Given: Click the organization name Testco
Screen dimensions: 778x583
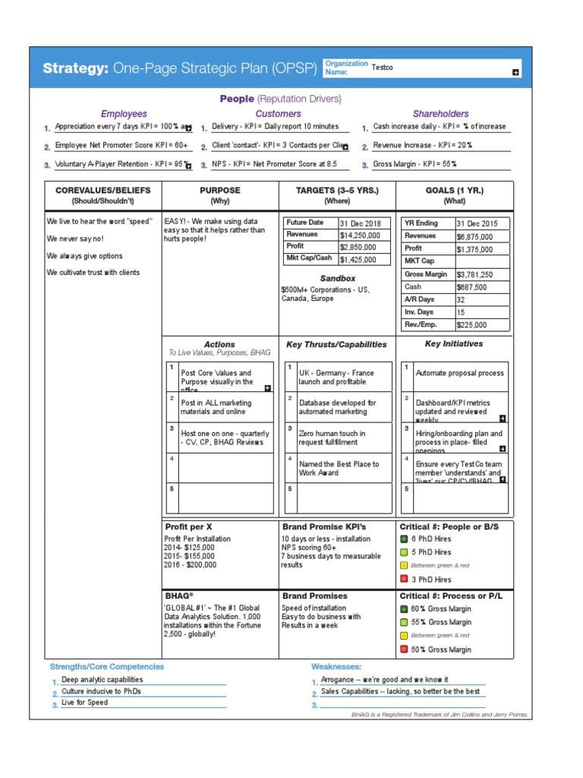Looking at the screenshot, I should click(x=383, y=68).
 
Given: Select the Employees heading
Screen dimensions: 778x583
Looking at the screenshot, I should click(x=124, y=114).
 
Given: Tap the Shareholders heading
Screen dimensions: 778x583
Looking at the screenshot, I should click(x=440, y=114).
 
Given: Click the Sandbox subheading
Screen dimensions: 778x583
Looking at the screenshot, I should click(x=337, y=279).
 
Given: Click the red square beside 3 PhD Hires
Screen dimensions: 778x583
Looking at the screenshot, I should click(x=404, y=579).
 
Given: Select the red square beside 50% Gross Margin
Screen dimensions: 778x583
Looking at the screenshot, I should click(x=404, y=650).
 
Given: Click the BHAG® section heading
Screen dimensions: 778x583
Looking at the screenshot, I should click(x=179, y=596).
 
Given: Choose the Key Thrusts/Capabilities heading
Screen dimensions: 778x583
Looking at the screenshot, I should click(x=336, y=344).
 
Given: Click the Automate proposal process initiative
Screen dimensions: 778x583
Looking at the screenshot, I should click(x=459, y=374).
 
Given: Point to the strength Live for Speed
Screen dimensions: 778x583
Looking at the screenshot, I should click(x=85, y=703).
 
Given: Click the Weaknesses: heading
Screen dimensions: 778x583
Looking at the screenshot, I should click(x=336, y=666).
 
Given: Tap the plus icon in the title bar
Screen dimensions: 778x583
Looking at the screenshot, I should click(x=515, y=72).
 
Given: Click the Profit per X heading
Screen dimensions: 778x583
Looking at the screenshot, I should click(x=189, y=527).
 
